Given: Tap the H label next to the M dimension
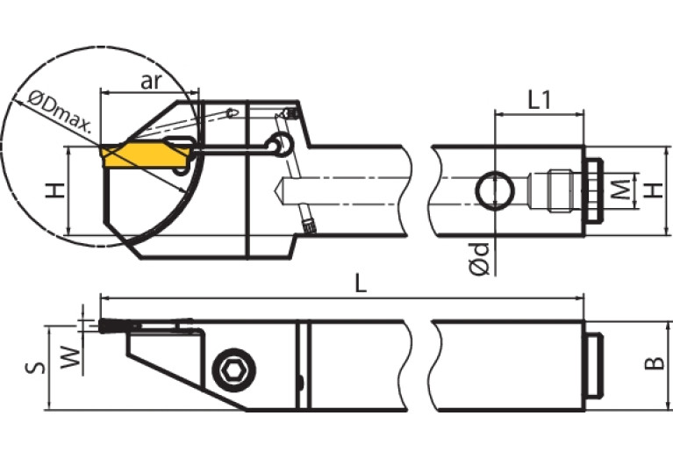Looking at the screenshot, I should [651, 190].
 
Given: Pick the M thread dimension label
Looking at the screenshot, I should [620, 190].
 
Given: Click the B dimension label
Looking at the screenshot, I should [650, 365].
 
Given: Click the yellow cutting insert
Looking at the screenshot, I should [145, 155].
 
